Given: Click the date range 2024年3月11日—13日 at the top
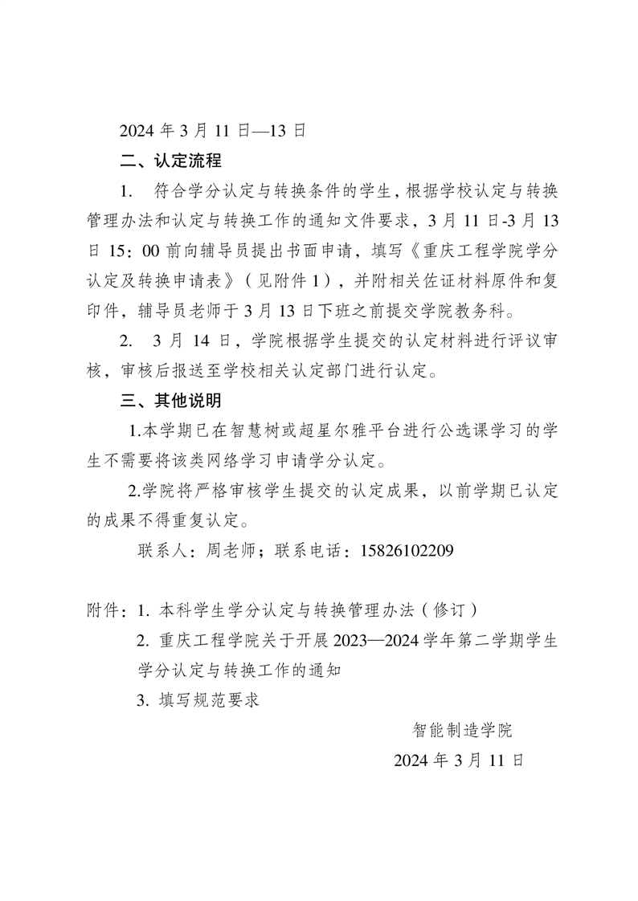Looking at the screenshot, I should click(212, 130).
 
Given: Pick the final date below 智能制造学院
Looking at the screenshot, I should click(459, 760).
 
